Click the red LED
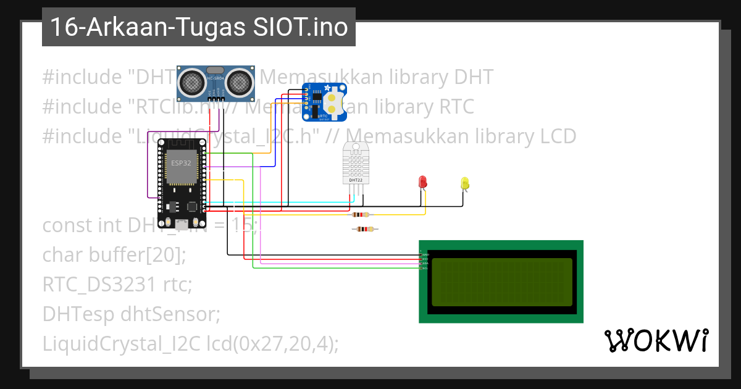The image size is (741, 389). (422, 182)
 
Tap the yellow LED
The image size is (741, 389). (465, 183)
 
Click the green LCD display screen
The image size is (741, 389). (501, 282)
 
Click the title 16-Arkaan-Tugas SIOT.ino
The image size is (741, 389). (198, 27)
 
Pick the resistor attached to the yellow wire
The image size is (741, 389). (361, 215)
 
